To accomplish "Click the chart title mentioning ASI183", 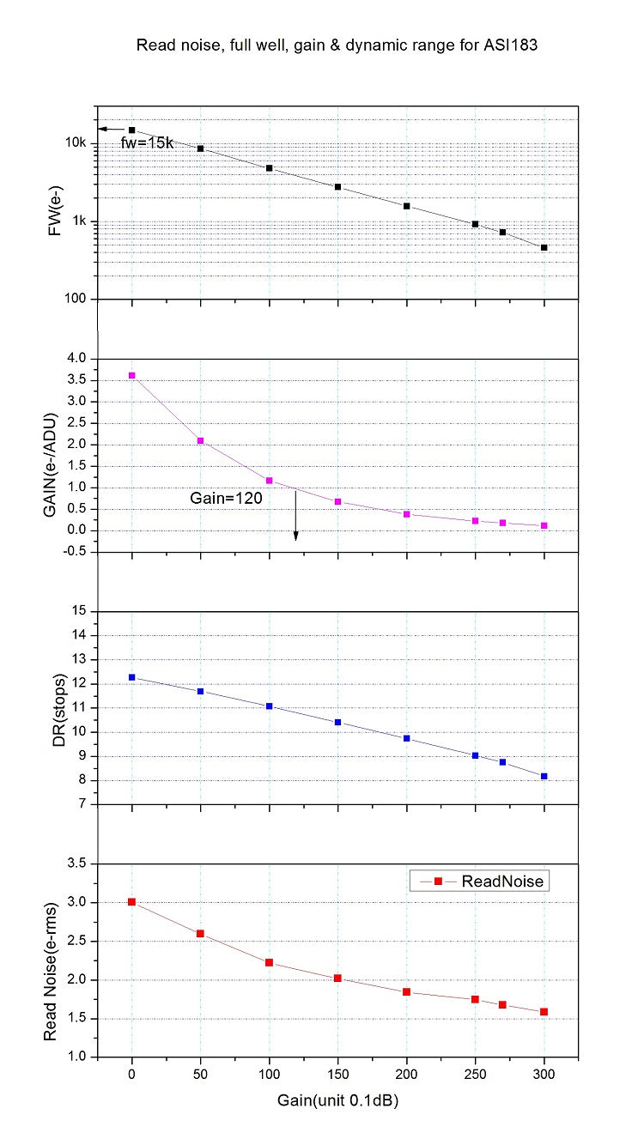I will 337,46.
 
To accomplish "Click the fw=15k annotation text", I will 148,143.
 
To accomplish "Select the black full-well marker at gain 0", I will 131,130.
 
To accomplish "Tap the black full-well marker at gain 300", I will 544,247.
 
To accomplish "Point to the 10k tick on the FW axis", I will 76,143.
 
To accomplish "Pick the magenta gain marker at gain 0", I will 131,375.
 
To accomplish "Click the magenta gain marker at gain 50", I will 200,440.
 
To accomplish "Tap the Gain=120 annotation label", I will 219,497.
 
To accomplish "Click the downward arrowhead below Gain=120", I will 295,536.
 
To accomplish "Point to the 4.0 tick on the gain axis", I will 78,359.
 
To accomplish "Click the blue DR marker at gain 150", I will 337,723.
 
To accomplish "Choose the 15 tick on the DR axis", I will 81,611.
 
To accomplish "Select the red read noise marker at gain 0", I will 131,902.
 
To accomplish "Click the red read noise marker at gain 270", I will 502,1004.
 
